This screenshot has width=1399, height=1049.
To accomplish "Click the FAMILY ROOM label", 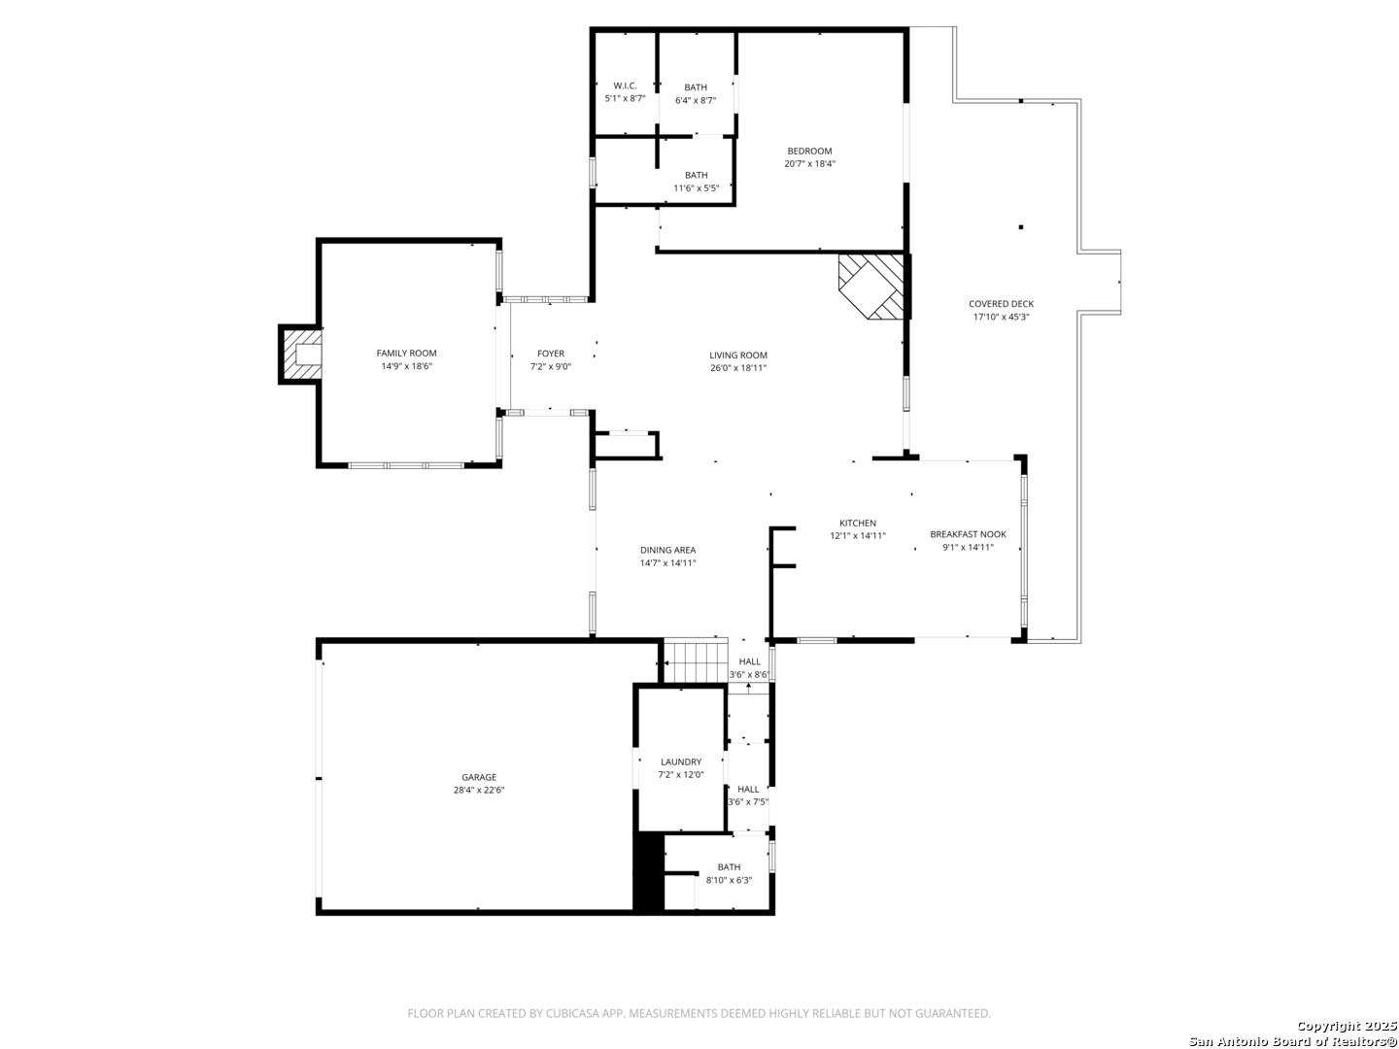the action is (406, 353).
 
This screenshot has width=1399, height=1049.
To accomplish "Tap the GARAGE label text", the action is (479, 777).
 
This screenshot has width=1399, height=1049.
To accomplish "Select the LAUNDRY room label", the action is (681, 761).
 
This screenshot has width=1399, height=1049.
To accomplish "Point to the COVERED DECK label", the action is (1001, 304).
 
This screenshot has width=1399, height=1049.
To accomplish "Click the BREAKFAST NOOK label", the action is (968, 534).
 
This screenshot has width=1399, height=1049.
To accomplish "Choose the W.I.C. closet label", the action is (625, 85).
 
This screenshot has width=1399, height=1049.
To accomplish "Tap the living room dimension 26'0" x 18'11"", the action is (738, 367).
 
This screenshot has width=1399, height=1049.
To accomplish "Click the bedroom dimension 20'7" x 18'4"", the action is (809, 164).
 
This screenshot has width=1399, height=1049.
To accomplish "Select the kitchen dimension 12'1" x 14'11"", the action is (857, 535).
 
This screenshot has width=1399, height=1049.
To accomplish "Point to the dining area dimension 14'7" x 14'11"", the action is (668, 563).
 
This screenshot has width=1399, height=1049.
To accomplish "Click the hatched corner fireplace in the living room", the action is (871, 286).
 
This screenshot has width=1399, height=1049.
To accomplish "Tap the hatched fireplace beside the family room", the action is (299, 355).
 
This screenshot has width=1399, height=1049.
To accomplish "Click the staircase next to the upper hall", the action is (696, 661).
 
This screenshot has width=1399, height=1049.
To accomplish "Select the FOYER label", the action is (551, 354).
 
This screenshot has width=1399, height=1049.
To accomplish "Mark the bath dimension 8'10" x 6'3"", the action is (729, 880).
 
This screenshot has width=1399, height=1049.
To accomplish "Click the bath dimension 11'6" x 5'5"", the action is (696, 187).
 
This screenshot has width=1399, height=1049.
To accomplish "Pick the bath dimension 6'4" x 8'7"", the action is (696, 100).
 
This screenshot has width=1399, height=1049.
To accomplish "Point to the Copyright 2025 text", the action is (1347, 1026).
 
